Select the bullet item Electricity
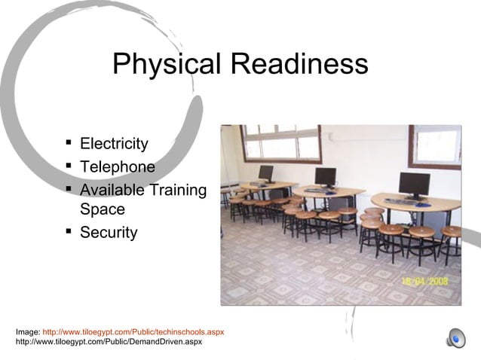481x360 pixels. (x=114, y=144)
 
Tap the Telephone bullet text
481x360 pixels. (x=117, y=166)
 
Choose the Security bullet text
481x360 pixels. (x=109, y=233)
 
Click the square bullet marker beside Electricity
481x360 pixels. (x=69, y=142)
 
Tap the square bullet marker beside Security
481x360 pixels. (x=69, y=230)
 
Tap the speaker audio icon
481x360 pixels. (x=455, y=339)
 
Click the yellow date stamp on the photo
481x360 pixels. (x=424, y=281)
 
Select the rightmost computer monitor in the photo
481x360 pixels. (x=414, y=184)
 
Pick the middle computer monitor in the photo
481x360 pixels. (x=326, y=177)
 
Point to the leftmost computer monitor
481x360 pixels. (x=265, y=172)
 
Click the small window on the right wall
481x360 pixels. (x=436, y=146)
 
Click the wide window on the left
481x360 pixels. (x=281, y=143)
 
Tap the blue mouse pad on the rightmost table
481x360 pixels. (x=424, y=203)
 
